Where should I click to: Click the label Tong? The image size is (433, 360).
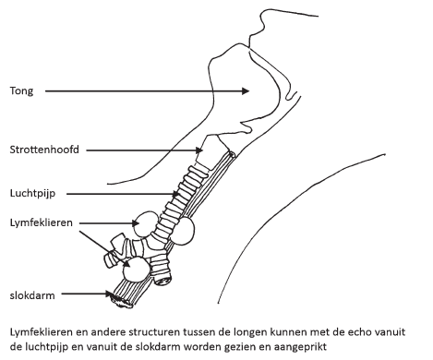click(x=21, y=91)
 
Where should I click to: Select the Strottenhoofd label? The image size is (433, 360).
click(x=44, y=150)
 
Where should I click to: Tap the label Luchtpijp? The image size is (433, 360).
click(x=32, y=194)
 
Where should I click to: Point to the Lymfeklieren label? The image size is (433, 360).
click(x=42, y=222)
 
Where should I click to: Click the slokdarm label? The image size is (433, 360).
click(x=32, y=295)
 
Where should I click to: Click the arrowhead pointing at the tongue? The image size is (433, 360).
click(x=246, y=91)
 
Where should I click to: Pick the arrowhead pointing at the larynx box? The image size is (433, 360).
click(x=199, y=150)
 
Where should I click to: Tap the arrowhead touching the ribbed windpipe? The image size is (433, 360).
click(x=175, y=194)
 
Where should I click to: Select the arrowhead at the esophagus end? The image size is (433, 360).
click(x=108, y=294)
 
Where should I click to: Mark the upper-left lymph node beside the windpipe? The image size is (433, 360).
click(x=146, y=223)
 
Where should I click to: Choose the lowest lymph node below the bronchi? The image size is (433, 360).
click(x=136, y=269)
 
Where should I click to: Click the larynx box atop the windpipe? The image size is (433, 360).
click(x=212, y=151)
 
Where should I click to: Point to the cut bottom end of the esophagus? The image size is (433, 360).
click(x=123, y=302)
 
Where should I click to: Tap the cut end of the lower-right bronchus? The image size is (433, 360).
click(x=163, y=280)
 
